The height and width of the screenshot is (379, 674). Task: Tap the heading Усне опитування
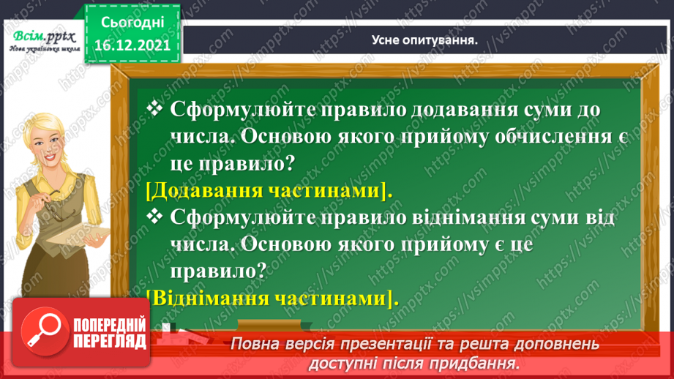pos(420,42)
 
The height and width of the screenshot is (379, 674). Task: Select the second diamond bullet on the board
pos(155,216)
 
